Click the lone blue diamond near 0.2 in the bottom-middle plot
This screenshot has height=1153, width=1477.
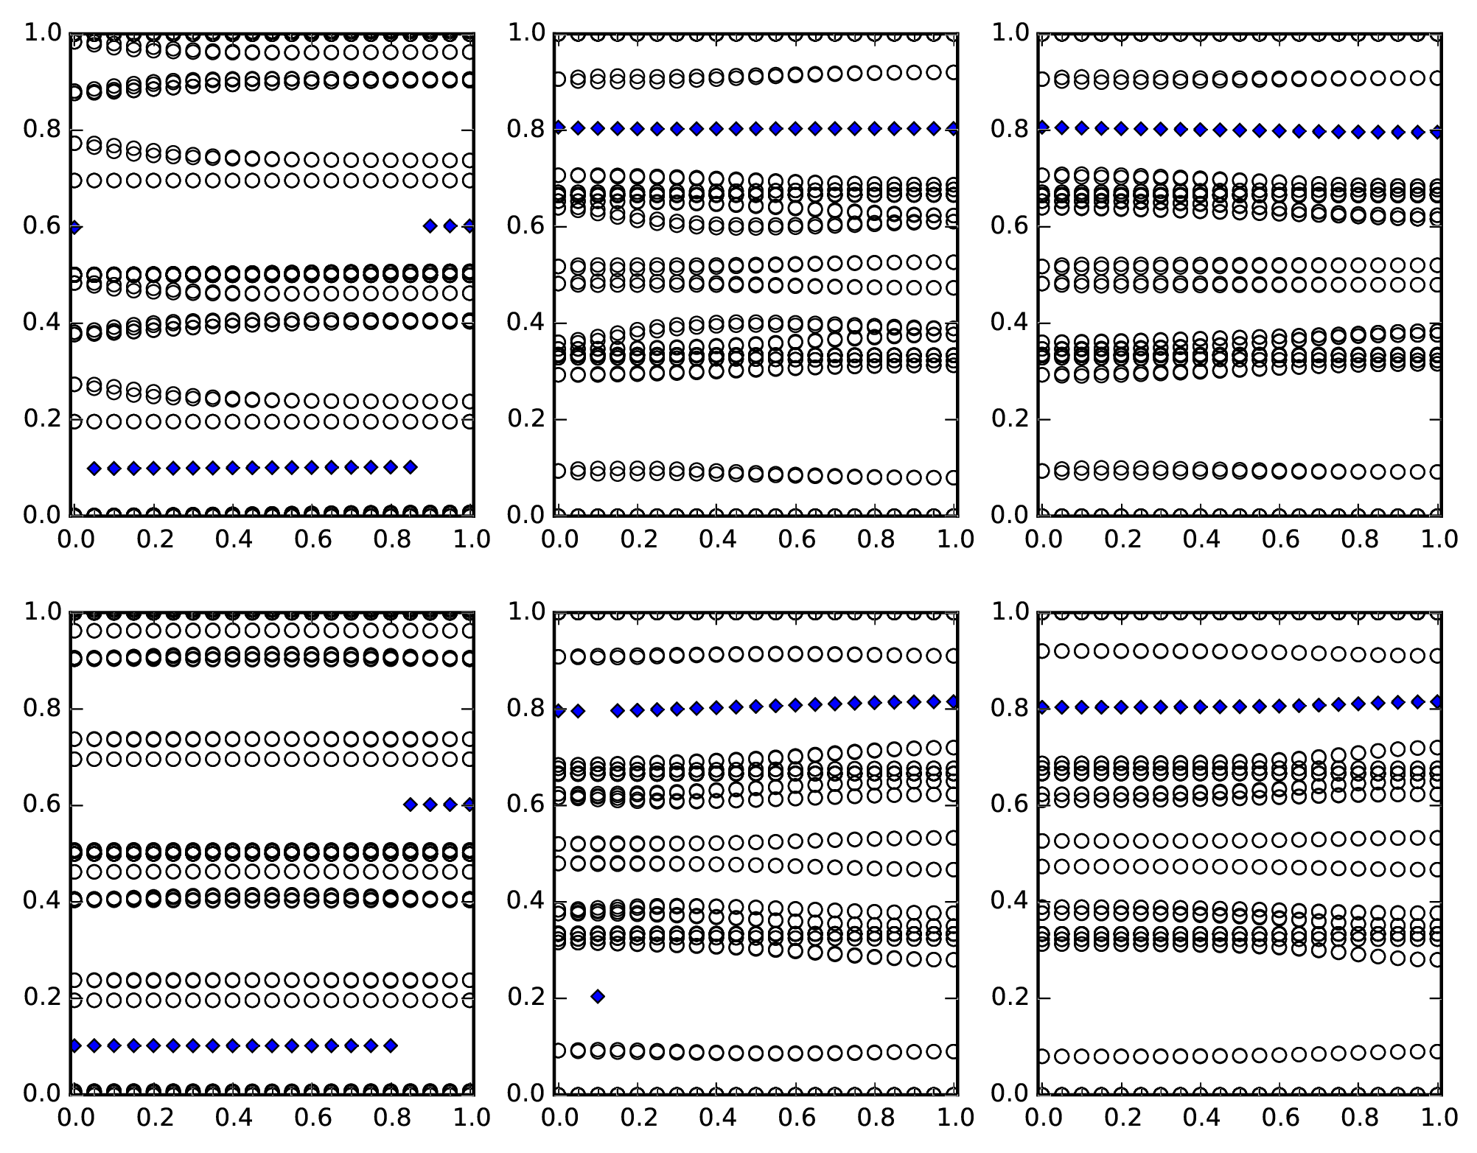598,997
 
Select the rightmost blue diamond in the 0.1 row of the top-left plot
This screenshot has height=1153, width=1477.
411,467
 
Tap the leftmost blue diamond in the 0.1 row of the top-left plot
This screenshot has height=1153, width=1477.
94,468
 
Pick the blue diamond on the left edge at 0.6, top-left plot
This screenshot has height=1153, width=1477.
74,228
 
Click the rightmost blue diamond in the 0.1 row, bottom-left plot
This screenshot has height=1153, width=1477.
391,1045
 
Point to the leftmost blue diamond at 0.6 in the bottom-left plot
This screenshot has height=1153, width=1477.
411,805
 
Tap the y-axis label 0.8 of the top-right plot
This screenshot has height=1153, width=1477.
1009,130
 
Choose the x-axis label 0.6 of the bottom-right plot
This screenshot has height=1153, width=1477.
1280,1118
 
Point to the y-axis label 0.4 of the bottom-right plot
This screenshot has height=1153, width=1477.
1009,901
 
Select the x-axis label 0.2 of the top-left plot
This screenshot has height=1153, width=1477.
154,539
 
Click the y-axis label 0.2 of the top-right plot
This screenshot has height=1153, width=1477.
1009,419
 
